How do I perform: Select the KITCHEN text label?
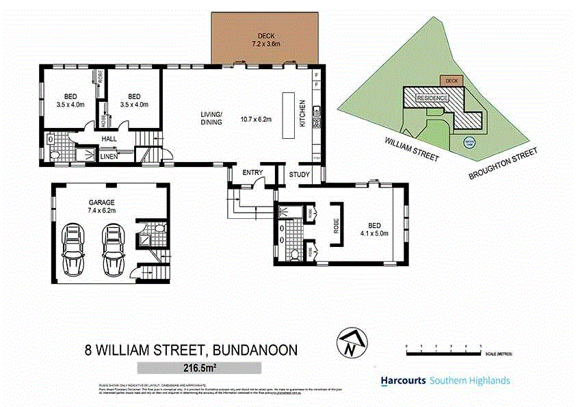coord(302,114)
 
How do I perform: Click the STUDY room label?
coord(300,175)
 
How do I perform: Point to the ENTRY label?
coord(252,172)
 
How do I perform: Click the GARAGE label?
coord(101,202)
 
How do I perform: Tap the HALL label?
coord(109,139)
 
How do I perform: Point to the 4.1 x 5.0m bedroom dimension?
coord(375,233)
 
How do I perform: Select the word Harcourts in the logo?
coord(404,381)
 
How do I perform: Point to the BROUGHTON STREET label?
coord(503,164)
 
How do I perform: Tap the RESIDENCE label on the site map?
coord(432,98)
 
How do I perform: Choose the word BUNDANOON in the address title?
coord(256,350)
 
